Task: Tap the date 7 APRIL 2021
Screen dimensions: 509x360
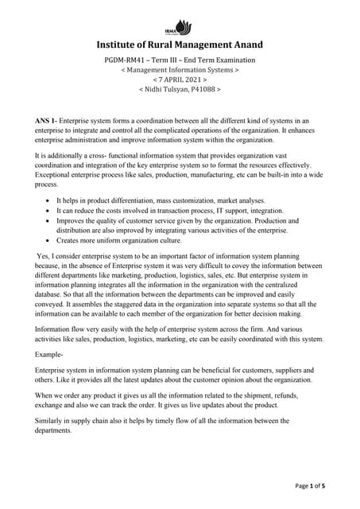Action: (x=180, y=80)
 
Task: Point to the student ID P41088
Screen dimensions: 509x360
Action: (x=202, y=90)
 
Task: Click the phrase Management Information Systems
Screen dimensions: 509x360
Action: (x=180, y=71)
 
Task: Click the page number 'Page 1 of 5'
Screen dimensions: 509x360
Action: (x=319, y=484)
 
